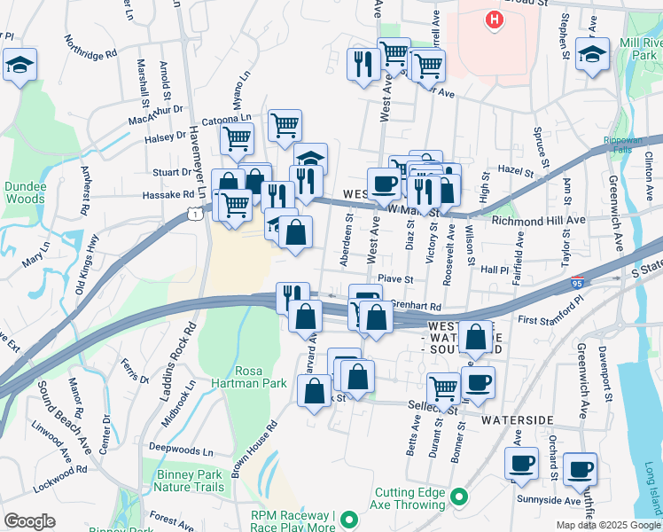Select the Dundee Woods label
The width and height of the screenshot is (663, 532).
(24, 192)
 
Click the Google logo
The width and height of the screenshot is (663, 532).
(29, 521)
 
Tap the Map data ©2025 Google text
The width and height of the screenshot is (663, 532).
(607, 525)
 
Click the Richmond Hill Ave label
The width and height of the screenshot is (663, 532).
(538, 220)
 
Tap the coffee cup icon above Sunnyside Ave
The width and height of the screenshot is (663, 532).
(581, 469)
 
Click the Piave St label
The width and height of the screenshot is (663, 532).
(395, 279)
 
